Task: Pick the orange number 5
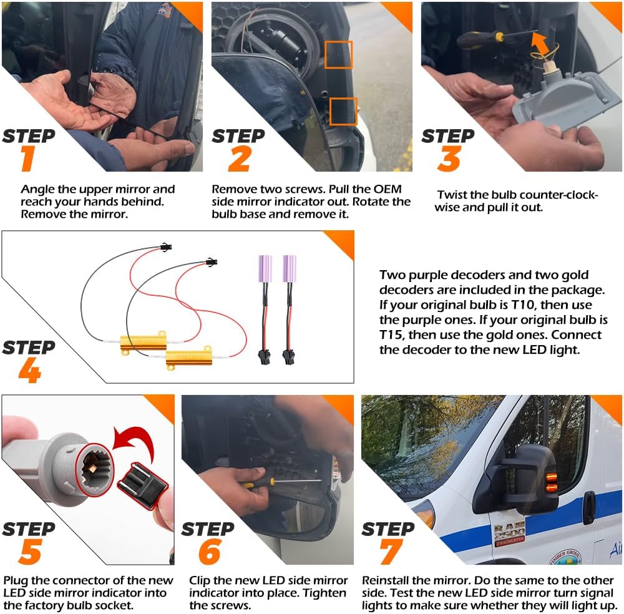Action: (28, 552)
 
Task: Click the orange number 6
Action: (208, 552)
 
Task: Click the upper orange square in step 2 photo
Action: (338, 55)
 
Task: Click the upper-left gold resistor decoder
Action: (144, 342)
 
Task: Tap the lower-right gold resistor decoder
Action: (188, 358)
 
